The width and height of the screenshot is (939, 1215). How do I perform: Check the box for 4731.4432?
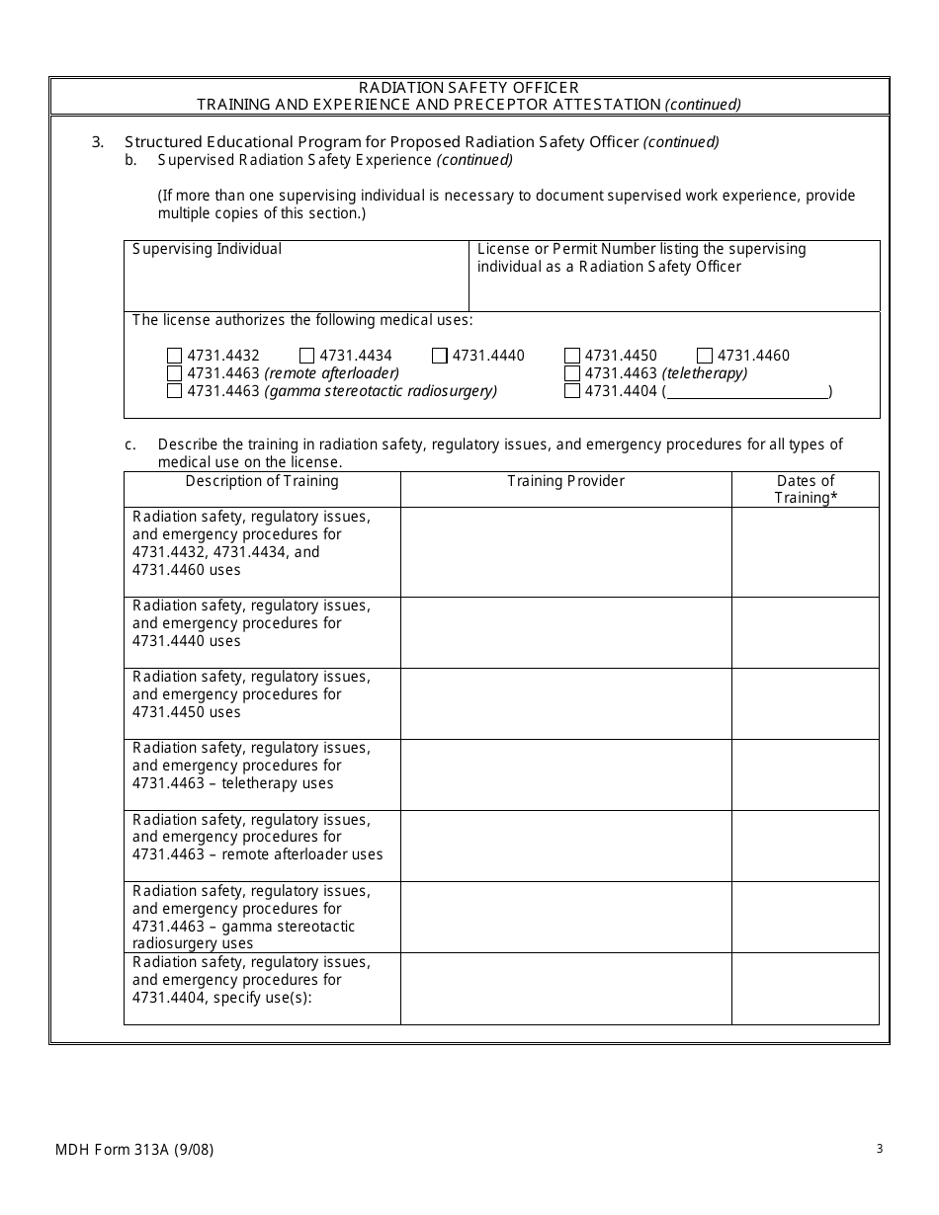pyautogui.click(x=175, y=356)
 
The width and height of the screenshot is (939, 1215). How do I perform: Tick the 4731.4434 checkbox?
pyautogui.click(x=307, y=356)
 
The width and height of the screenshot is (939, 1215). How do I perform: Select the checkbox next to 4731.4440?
pyautogui.click(x=440, y=356)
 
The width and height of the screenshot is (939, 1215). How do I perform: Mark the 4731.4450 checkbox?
pyautogui.click(x=572, y=356)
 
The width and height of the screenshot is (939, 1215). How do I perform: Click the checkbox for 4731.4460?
pyautogui.click(x=705, y=356)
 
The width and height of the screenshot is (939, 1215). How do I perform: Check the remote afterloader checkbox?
pyautogui.click(x=175, y=373)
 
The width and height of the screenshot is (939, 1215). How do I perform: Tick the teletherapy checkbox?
pyautogui.click(x=572, y=373)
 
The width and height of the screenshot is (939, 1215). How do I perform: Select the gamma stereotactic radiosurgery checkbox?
pyautogui.click(x=175, y=391)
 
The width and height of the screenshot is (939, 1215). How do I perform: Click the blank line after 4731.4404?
pyautogui.click(x=747, y=392)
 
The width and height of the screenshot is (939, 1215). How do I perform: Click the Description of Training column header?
pyautogui.click(x=262, y=482)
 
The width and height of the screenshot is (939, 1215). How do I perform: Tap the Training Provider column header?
pyautogui.click(x=565, y=482)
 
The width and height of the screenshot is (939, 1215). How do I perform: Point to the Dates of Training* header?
pyautogui.click(x=805, y=490)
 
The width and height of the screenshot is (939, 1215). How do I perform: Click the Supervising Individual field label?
pyautogui.click(x=208, y=250)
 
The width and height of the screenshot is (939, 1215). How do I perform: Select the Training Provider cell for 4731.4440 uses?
pyautogui.click(x=565, y=632)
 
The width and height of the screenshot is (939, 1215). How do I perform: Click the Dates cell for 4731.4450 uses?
pyautogui.click(x=805, y=703)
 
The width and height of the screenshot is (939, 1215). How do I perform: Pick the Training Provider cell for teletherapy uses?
pyautogui.click(x=565, y=774)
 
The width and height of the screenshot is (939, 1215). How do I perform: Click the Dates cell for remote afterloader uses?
pyautogui.click(x=805, y=846)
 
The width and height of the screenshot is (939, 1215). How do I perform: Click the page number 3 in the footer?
pyautogui.click(x=879, y=1149)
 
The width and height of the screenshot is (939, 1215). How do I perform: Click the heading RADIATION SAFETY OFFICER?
pyautogui.click(x=469, y=88)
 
